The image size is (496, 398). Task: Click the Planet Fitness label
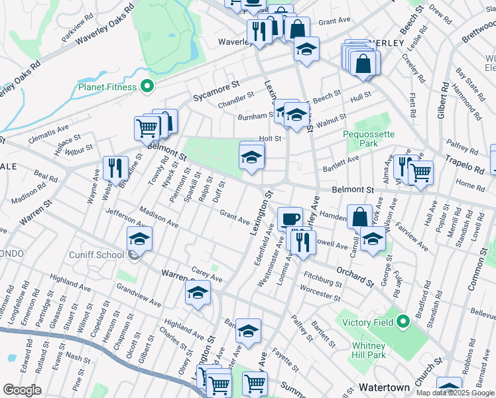click(x=107, y=87)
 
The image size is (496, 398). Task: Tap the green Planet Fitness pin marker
click(x=148, y=86)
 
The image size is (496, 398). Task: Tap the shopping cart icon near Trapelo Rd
click(x=420, y=172)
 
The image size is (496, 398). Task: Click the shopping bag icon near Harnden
click(x=359, y=216)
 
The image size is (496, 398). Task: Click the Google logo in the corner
click(x=22, y=390)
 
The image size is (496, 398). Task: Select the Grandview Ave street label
click(x=138, y=295)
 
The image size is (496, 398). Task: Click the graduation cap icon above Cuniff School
click(x=139, y=238)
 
